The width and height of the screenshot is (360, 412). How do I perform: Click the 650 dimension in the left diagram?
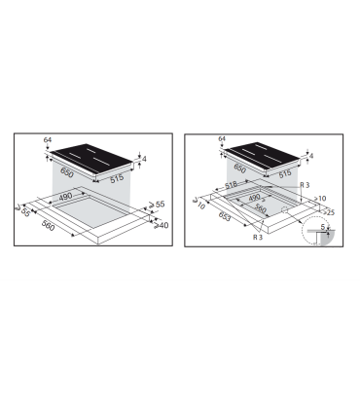[67, 171]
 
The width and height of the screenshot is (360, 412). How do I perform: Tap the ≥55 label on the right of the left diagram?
[160, 206]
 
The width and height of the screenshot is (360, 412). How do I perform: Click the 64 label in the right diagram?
[222, 140]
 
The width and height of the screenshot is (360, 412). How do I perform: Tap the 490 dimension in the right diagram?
[251, 200]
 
